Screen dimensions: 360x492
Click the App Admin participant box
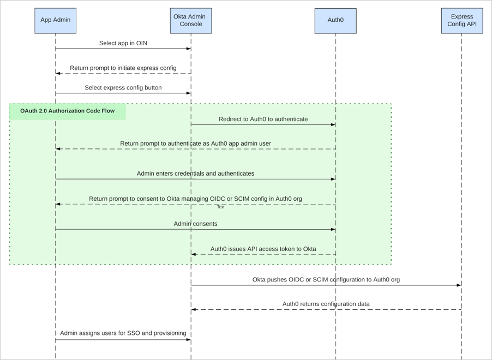[x=55, y=21]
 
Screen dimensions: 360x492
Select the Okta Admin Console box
[x=191, y=21]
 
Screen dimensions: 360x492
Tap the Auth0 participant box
[x=335, y=21]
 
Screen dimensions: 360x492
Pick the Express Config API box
[x=461, y=21]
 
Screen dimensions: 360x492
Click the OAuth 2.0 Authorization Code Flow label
[x=68, y=111]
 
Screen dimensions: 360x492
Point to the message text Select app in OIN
[x=123, y=43]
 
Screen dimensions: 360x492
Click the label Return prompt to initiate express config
[x=123, y=68]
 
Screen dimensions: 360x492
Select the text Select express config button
[x=123, y=87]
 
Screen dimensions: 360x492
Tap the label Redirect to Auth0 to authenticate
[x=263, y=119]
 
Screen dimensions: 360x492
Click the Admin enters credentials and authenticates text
[x=195, y=173]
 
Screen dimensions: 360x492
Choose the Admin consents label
[x=195, y=224]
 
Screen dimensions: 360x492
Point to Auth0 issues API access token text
[x=263, y=249]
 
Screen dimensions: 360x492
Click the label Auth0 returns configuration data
[x=326, y=304]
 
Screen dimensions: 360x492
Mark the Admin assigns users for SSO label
[x=123, y=333]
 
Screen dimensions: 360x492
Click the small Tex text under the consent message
[x=220, y=207]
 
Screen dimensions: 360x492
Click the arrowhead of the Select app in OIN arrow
[x=188, y=49]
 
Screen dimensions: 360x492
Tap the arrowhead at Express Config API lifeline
[x=459, y=285]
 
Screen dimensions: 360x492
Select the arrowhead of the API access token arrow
[x=194, y=254]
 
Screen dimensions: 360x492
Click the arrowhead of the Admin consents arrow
[x=333, y=230]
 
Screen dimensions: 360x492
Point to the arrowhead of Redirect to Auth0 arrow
[x=333, y=125]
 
